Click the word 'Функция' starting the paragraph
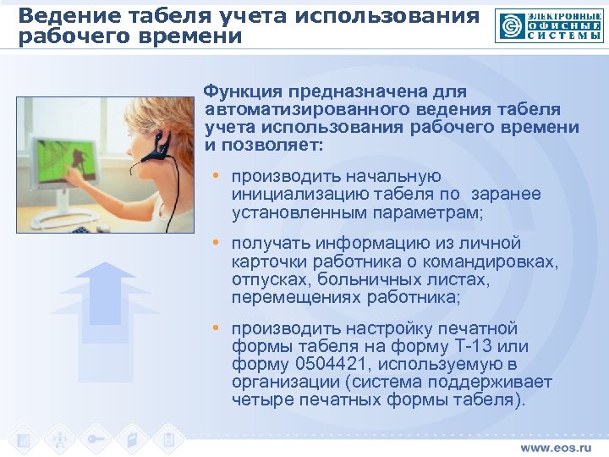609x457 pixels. pos(243,91)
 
